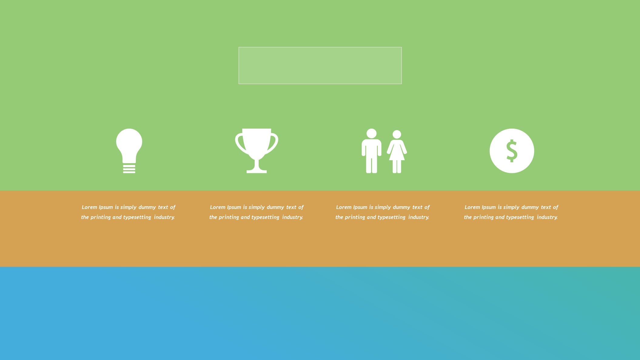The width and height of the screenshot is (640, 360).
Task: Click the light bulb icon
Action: (x=129, y=151)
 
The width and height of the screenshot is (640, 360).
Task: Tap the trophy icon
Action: (x=256, y=151)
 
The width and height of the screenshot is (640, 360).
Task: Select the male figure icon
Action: (x=371, y=151)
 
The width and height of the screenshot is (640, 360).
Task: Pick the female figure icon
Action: (x=397, y=152)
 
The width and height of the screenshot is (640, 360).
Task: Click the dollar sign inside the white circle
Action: (x=512, y=151)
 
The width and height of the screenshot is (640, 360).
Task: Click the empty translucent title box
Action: (x=320, y=66)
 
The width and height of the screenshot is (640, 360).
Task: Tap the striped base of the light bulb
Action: (x=129, y=169)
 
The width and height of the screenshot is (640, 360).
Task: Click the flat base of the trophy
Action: (x=256, y=172)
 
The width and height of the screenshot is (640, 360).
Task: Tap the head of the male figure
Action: (x=371, y=133)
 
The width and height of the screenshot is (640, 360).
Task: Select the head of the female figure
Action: (x=397, y=134)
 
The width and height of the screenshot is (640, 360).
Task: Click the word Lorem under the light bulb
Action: (x=89, y=207)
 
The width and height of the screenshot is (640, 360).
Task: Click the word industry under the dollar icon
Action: (x=547, y=217)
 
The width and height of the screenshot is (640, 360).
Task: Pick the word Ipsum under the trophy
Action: (x=234, y=207)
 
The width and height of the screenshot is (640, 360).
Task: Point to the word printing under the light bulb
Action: (x=101, y=217)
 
